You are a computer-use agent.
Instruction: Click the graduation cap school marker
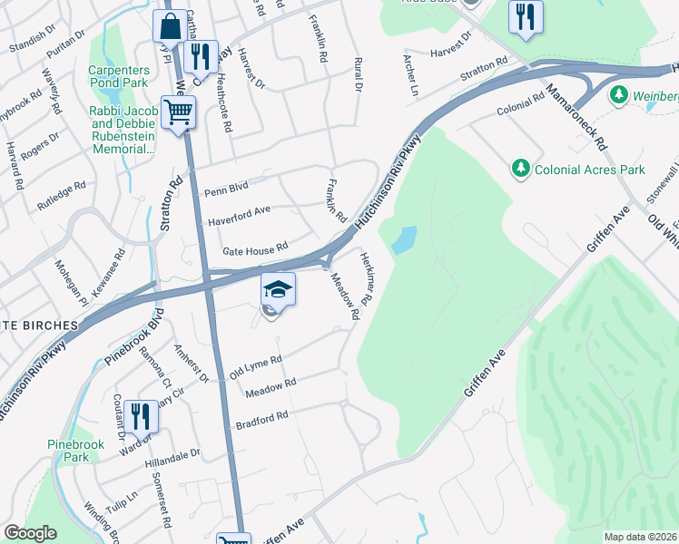(x=279, y=290)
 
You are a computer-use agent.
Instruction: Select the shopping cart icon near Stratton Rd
(x=178, y=112)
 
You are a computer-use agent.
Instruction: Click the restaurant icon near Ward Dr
(x=140, y=415)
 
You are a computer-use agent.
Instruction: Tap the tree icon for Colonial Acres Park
(x=521, y=168)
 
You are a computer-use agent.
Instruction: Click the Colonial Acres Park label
(x=589, y=170)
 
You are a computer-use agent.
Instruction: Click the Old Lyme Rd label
(x=255, y=366)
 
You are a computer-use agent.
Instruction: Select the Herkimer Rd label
(x=367, y=277)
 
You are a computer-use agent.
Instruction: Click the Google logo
(x=30, y=533)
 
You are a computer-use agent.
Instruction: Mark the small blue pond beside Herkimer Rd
(x=405, y=239)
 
